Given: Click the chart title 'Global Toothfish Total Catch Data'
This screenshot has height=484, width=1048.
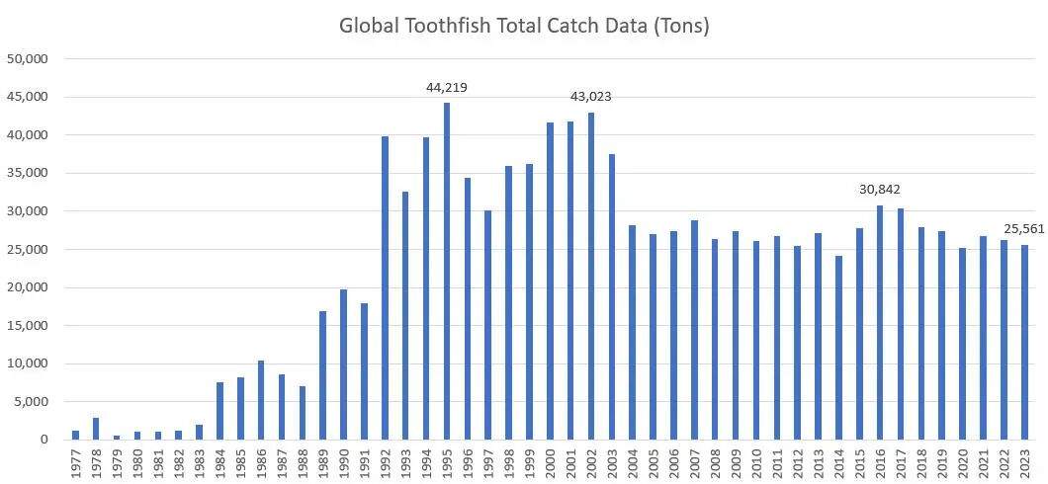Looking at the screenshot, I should [x=524, y=27].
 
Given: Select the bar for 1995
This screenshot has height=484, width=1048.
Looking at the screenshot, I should [x=447, y=271].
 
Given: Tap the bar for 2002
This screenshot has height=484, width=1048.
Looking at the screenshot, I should [x=591, y=276].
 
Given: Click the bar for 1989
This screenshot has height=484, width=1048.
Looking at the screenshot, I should [x=323, y=375].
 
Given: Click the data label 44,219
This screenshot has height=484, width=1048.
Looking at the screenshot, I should [x=447, y=88].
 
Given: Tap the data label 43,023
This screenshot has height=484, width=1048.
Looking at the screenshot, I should [x=591, y=97].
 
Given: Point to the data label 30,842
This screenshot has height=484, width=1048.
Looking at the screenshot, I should [x=879, y=190].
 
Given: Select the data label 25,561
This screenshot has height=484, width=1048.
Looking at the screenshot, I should [x=1025, y=229].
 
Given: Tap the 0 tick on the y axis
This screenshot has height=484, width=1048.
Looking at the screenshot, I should [x=44, y=441].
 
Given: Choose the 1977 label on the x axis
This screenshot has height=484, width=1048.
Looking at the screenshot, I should [x=76, y=464].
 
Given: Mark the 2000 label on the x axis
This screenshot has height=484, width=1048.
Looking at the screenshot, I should [x=550, y=464].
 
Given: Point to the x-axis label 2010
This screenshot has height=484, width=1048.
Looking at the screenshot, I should [x=756, y=464].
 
